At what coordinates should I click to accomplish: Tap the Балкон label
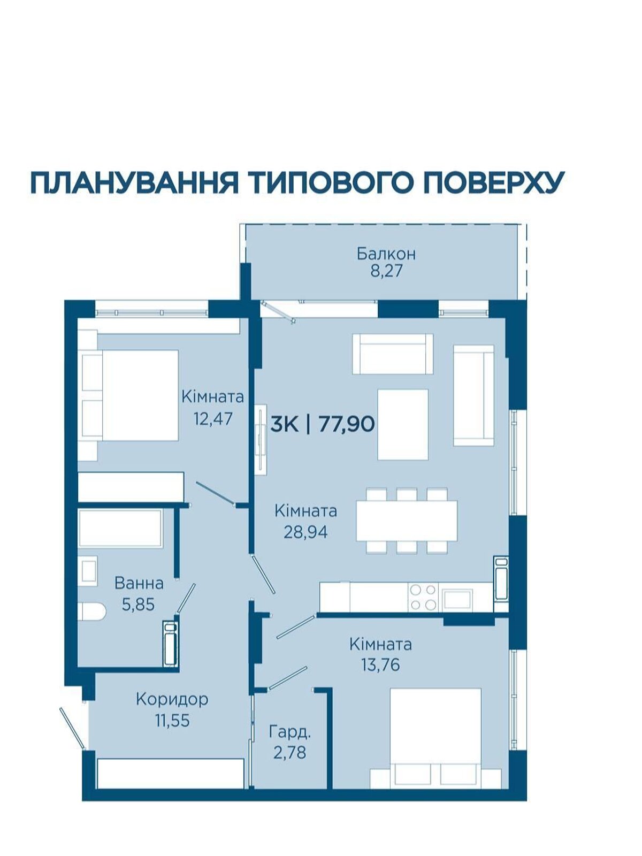click(386, 254)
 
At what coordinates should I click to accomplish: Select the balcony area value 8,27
click(386, 271)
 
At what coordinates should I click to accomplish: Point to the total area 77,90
click(347, 424)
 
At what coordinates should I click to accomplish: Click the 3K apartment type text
click(285, 424)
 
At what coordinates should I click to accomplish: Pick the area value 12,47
click(213, 419)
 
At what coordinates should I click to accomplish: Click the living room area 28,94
click(305, 532)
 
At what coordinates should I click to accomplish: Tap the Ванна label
click(139, 584)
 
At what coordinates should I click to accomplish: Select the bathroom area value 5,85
click(139, 605)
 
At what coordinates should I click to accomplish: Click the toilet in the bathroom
click(91, 612)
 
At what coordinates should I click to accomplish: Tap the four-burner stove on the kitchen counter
click(423, 597)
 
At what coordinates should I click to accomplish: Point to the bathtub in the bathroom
click(120, 529)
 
